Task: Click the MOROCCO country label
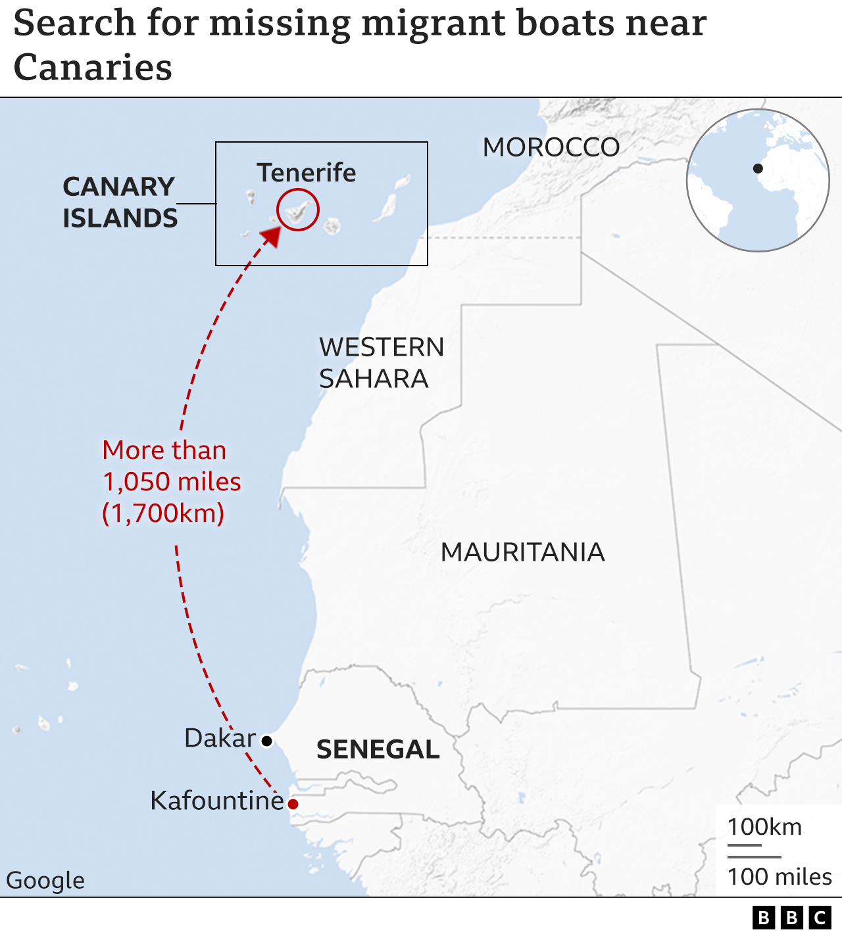(x=551, y=147)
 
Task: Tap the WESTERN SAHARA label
(x=382, y=363)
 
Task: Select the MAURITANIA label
(x=522, y=552)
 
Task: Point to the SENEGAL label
(x=378, y=749)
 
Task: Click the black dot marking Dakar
(x=266, y=741)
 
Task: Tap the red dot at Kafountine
(x=293, y=804)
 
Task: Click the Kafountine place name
(x=216, y=801)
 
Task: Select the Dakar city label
(x=220, y=738)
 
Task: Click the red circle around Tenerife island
(x=298, y=210)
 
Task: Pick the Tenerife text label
(x=307, y=172)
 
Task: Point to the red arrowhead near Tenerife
(x=272, y=235)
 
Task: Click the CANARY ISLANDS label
(x=120, y=202)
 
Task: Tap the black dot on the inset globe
(x=758, y=168)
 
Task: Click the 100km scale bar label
(x=764, y=826)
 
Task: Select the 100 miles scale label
(x=780, y=877)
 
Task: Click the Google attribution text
(x=45, y=880)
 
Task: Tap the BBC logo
(x=791, y=918)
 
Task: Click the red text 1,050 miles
(x=172, y=482)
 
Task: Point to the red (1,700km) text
(x=163, y=513)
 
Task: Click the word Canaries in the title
(x=93, y=68)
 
